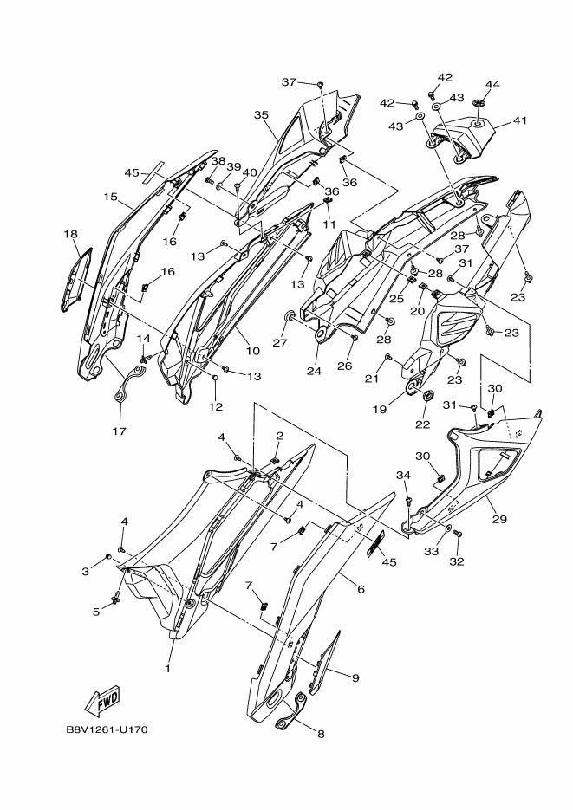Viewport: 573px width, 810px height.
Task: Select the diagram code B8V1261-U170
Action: [x=107, y=729]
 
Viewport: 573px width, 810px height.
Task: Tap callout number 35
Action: [x=261, y=114]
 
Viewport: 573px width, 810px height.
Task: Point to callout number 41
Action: [x=519, y=120]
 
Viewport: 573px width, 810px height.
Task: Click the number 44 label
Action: [x=492, y=84]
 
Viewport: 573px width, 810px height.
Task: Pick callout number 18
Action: [x=70, y=234]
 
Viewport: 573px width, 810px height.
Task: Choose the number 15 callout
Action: [x=110, y=198]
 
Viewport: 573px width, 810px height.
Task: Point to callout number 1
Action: [x=168, y=668]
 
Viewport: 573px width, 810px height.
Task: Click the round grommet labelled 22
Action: [x=426, y=397]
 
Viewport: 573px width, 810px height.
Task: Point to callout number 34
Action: [x=403, y=475]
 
